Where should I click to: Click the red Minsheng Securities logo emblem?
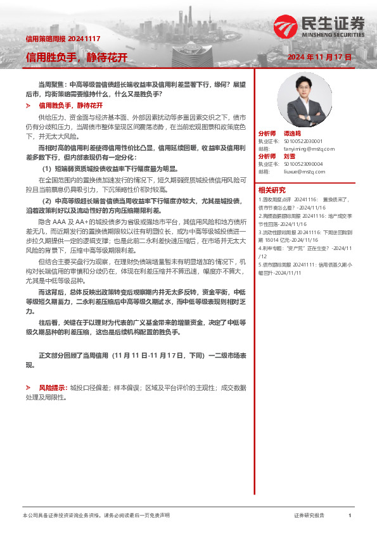click(285, 27)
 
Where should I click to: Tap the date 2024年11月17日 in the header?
click(319, 57)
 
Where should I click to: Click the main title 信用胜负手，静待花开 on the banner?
click(77, 58)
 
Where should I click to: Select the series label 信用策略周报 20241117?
click(58, 39)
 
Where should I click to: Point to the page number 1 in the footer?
click(350, 516)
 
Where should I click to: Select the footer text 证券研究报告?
click(309, 516)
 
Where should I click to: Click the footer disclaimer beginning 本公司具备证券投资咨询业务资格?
click(96, 516)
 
